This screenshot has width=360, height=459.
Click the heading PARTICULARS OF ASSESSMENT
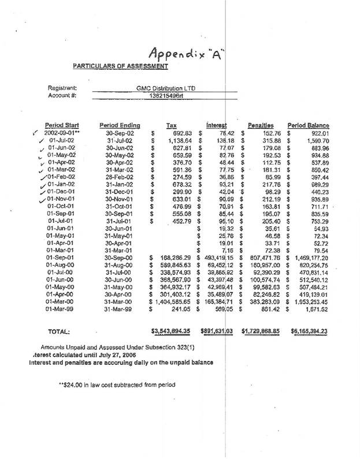click(120, 66)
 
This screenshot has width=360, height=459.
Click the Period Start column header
click(62, 125)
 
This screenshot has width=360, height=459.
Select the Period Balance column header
click(309, 125)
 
